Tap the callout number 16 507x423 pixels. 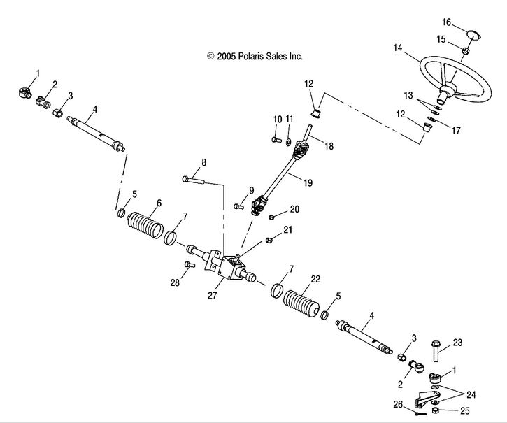[x=466, y=22]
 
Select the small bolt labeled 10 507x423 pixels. [x=275, y=140]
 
